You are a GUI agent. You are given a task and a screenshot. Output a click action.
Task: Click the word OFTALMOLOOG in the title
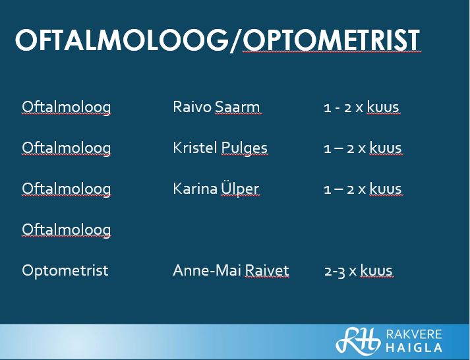coord(122,40)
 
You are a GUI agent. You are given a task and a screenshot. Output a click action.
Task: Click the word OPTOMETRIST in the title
coord(331,40)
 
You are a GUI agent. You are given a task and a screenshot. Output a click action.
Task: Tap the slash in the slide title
coord(235,41)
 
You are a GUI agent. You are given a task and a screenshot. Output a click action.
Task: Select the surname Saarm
coord(237,107)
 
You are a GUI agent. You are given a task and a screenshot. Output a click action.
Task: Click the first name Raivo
coord(192,107)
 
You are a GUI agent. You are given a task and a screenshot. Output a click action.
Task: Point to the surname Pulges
coord(245,148)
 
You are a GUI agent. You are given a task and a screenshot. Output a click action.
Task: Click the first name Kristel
coord(195,148)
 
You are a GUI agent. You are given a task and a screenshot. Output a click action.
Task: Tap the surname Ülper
coord(240,189)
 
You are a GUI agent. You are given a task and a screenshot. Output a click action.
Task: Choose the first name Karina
coord(195,189)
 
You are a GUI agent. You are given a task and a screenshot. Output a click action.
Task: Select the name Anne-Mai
coord(207,270)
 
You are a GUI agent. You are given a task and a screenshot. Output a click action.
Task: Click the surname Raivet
coord(266,270)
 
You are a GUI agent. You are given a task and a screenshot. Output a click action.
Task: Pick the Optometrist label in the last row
coord(65,270)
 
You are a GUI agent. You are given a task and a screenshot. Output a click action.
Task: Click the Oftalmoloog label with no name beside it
coord(66,230)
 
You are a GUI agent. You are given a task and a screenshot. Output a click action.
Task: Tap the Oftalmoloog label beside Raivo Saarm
coord(66,107)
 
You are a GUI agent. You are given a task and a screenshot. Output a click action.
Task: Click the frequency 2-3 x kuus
coord(359,271)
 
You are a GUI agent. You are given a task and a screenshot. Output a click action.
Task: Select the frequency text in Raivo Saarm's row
coord(361,107)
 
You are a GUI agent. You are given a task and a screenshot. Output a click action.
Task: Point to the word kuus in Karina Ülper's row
coord(385,189)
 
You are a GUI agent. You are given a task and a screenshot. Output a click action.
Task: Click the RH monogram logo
coord(358,340)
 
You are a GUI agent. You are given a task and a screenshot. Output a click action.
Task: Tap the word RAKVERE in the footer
coord(414,334)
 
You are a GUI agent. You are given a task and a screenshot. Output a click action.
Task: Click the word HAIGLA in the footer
coord(414,347)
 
